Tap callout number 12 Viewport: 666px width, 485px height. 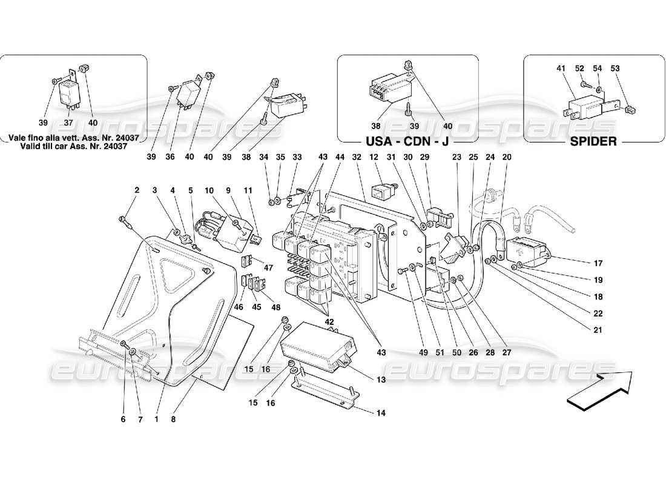[x=374, y=157]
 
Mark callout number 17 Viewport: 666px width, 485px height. [x=598, y=263]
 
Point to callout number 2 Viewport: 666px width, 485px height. [x=137, y=190]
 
